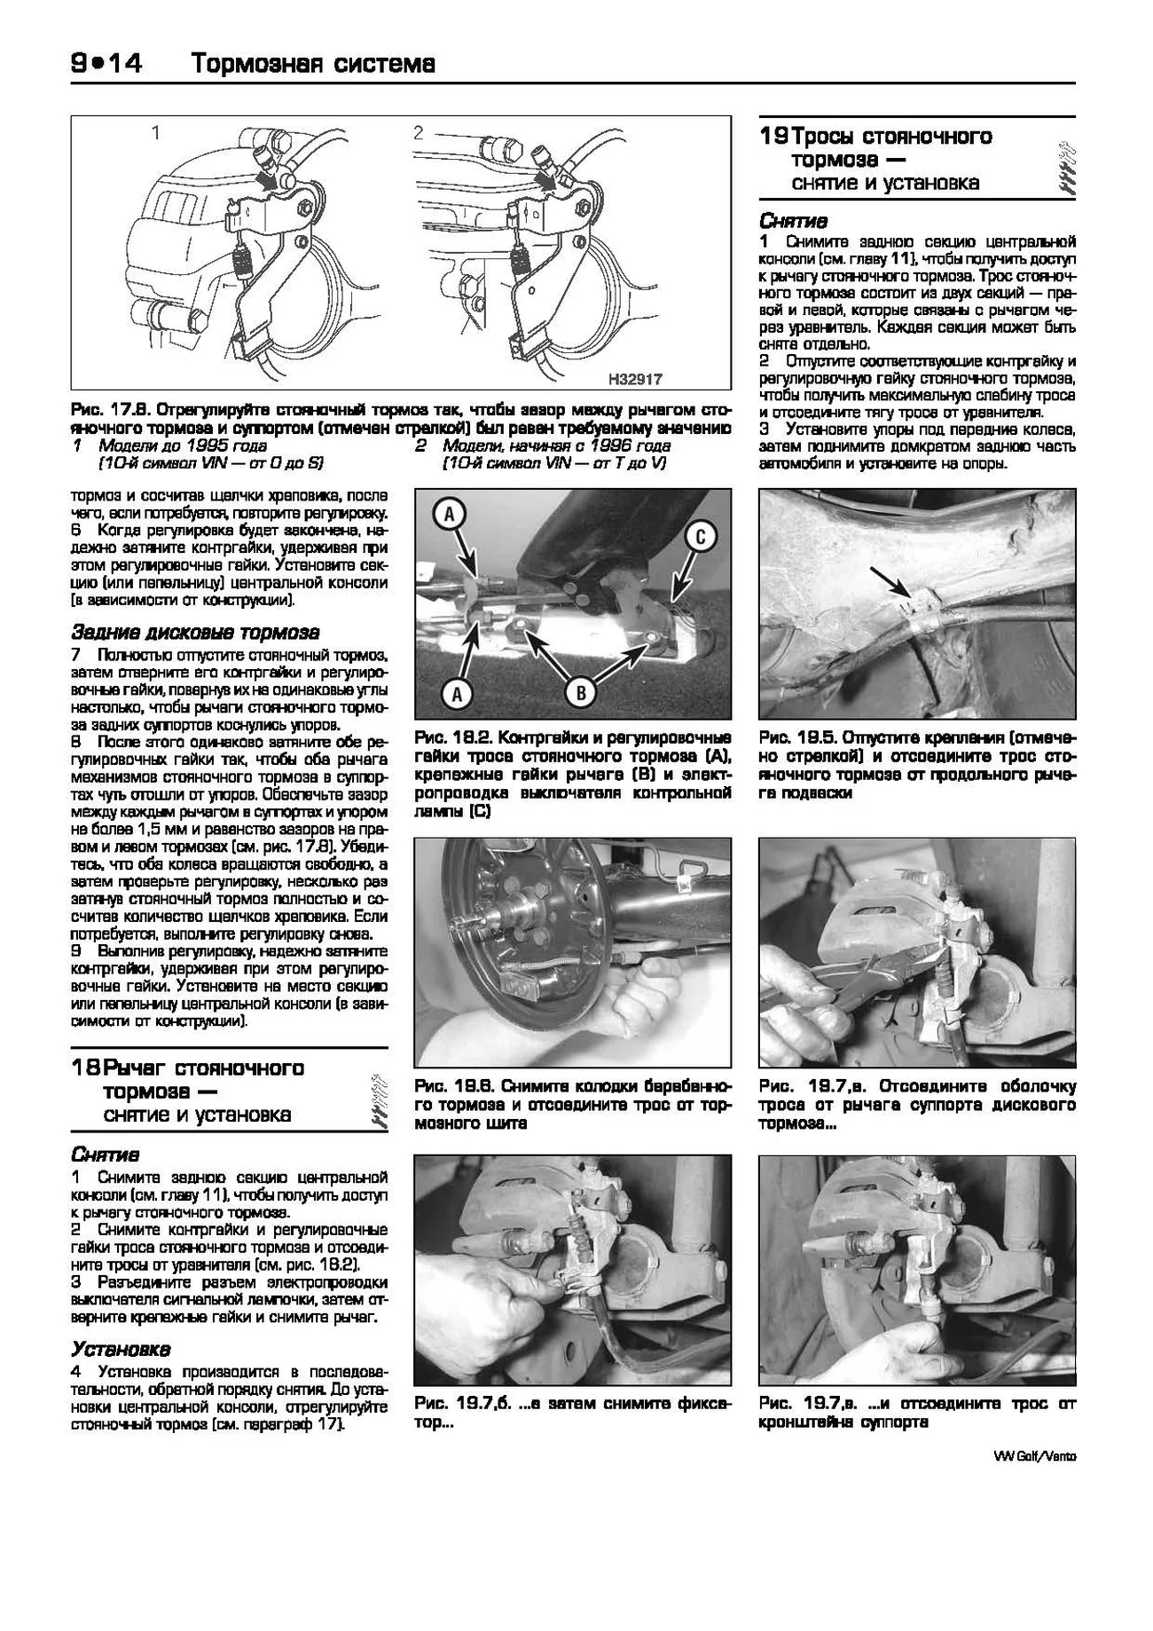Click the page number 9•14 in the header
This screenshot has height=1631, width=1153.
(x=106, y=63)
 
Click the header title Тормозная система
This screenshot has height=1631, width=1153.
(x=313, y=64)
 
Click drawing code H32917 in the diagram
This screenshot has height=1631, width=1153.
(x=635, y=380)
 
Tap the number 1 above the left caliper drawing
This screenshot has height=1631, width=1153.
(x=156, y=134)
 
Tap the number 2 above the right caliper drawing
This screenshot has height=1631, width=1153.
(x=419, y=134)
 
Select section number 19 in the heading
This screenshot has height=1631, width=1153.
(x=773, y=137)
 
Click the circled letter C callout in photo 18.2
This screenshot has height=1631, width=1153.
(x=700, y=537)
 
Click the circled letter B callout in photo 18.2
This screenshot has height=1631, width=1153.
(x=580, y=693)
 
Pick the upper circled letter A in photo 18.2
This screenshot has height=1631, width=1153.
(x=450, y=514)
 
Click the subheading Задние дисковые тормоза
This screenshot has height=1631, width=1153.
(x=195, y=633)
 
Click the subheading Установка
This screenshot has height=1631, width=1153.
(x=121, y=1349)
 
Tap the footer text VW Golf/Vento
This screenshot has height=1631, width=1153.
(x=1034, y=1456)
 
